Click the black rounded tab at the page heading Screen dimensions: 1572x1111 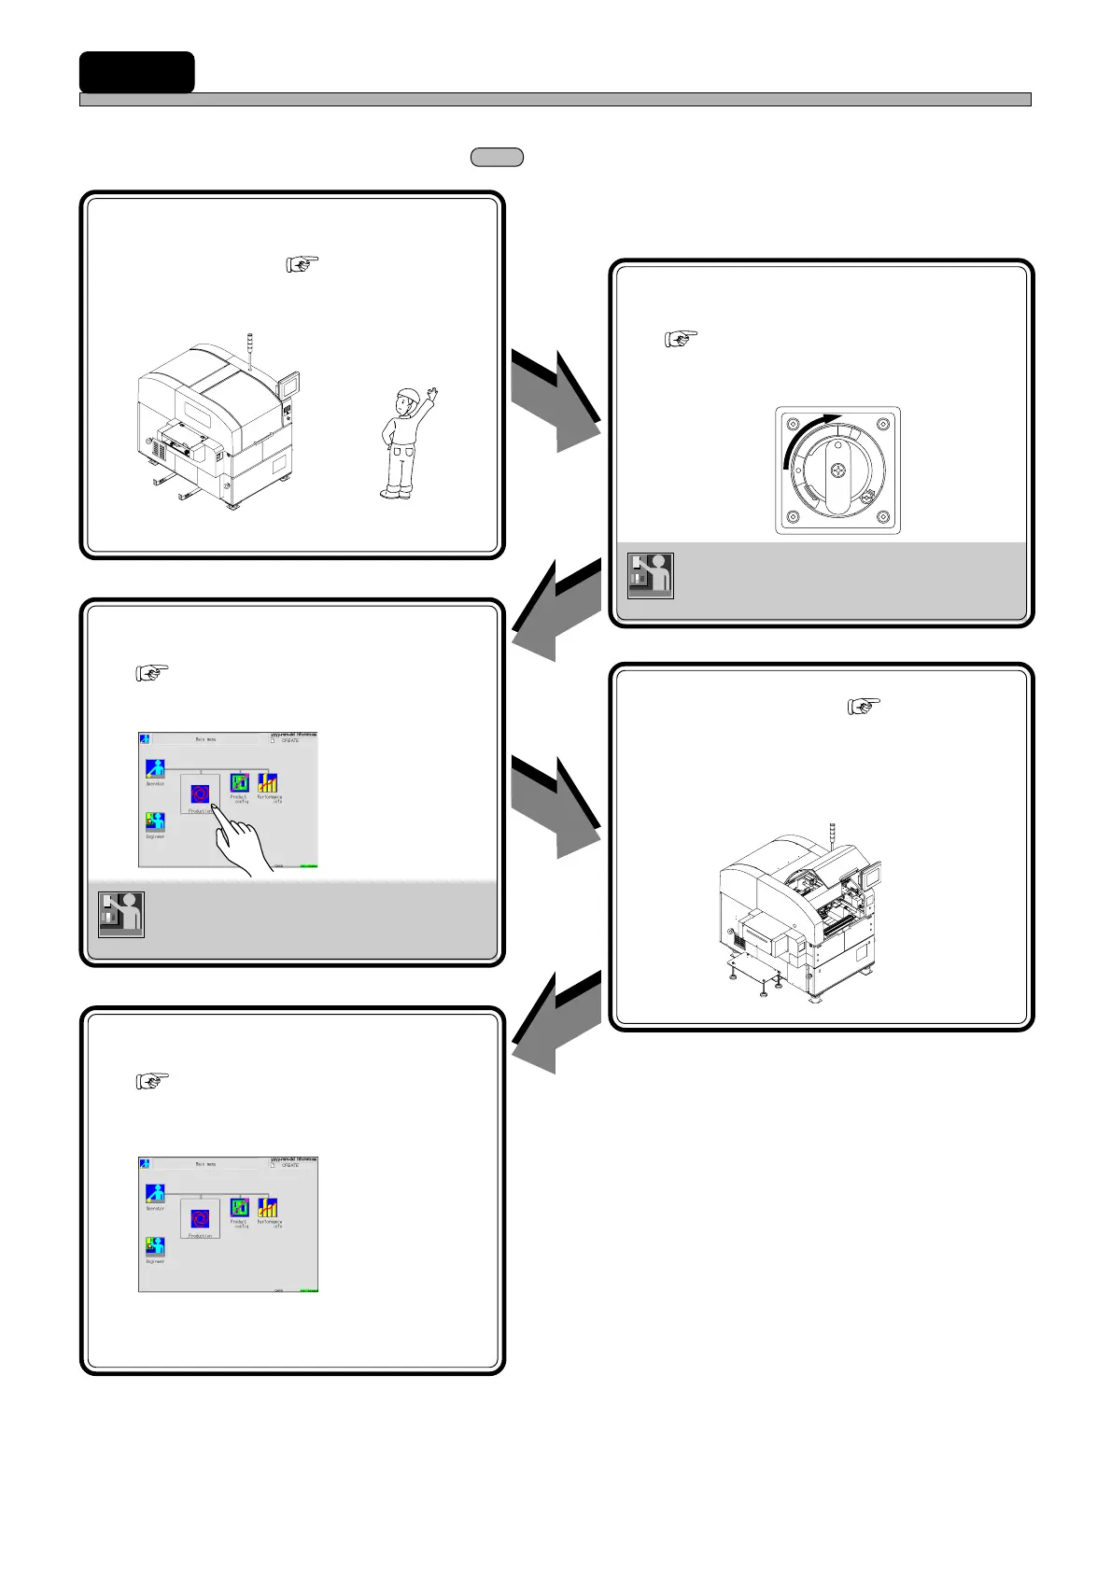point(136,72)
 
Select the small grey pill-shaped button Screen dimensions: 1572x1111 point(497,157)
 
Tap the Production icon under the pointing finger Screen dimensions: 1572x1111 point(200,794)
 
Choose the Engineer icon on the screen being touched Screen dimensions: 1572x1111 point(155,822)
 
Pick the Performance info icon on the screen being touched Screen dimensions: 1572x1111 point(268,783)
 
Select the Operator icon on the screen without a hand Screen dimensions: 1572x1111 point(155,1193)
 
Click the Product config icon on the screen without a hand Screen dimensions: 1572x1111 point(239,1207)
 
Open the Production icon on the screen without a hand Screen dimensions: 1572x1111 point(200,1218)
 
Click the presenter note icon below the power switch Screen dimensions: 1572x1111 point(651,575)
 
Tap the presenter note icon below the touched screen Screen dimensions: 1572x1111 point(121,915)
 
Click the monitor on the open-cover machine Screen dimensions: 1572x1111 point(871,877)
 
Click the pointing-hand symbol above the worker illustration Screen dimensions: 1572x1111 point(302,264)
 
